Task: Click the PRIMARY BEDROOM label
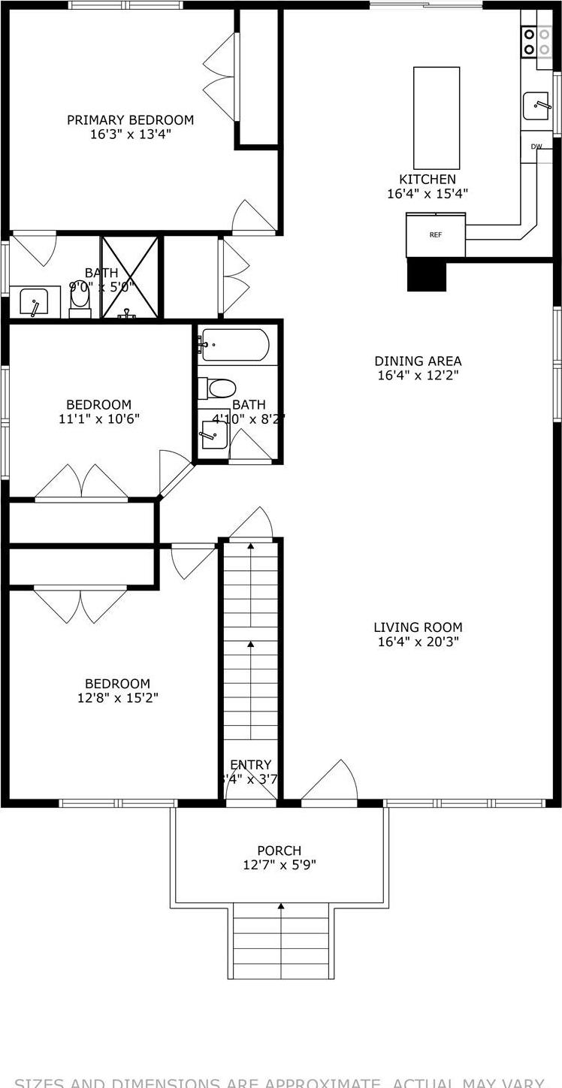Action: point(130,120)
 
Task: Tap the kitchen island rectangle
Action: point(437,118)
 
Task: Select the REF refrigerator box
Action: point(436,235)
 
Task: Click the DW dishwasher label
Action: point(536,147)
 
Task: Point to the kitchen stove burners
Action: point(536,41)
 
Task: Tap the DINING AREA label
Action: point(418,361)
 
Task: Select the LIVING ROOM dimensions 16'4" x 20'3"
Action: point(418,642)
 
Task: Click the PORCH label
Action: point(279,851)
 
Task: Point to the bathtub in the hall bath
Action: point(234,345)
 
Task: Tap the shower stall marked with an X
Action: point(130,276)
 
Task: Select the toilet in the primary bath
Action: point(80,299)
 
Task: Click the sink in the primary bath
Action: point(35,302)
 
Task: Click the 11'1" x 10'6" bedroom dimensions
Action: point(98,419)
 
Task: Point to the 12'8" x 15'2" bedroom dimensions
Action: point(117,697)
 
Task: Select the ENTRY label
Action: point(251,765)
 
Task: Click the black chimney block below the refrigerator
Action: point(427,275)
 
